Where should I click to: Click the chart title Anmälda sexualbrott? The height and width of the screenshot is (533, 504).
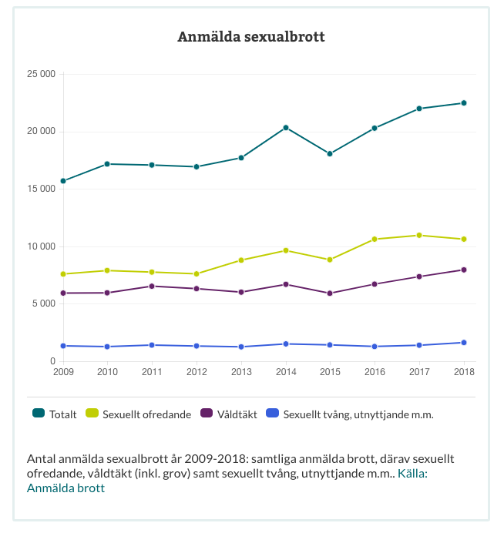click(x=251, y=37)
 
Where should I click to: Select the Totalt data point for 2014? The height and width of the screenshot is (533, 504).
click(x=286, y=127)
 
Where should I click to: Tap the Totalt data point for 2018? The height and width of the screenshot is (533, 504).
click(x=464, y=103)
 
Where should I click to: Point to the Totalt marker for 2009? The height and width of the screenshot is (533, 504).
click(x=63, y=181)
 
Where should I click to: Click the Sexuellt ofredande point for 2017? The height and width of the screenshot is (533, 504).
click(x=419, y=235)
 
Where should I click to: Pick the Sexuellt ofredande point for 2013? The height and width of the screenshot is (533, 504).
click(x=241, y=260)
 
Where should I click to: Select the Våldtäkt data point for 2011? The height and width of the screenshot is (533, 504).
click(x=153, y=287)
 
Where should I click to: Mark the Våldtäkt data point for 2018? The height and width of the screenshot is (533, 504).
click(x=464, y=270)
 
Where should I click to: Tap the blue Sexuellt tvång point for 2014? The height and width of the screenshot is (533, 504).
click(x=286, y=344)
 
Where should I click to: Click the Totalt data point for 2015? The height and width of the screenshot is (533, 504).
click(x=330, y=154)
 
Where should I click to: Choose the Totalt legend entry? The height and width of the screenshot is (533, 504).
click(x=55, y=414)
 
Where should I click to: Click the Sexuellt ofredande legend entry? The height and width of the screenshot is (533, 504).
click(x=150, y=414)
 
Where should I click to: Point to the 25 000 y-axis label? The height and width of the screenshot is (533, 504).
click(x=41, y=74)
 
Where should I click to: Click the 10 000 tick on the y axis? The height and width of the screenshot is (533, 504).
click(x=41, y=246)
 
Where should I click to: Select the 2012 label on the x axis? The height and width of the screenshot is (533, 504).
click(x=197, y=373)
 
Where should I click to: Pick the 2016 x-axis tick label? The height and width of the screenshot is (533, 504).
click(x=375, y=373)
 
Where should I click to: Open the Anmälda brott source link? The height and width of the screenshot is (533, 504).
click(x=66, y=488)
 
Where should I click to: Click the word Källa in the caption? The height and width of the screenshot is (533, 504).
click(x=412, y=473)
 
